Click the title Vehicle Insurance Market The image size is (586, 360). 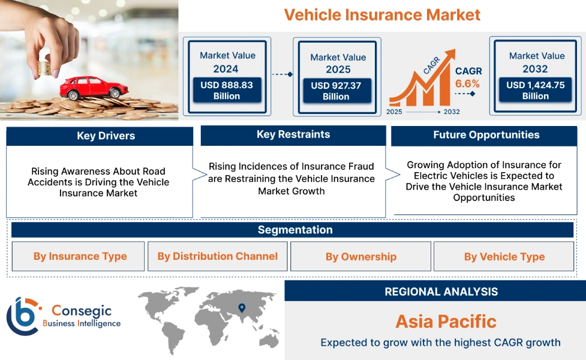[382, 15]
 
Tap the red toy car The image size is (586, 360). [94, 88]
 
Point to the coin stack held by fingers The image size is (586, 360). [44, 68]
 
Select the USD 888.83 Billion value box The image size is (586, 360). [227, 90]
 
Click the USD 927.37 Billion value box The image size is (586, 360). [336, 91]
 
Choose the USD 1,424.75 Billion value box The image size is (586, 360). [535, 90]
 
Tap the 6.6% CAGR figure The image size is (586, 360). [467, 83]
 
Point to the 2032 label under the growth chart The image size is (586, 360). [452, 112]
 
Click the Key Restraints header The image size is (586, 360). [293, 134]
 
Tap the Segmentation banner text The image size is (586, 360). [295, 230]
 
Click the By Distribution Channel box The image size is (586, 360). [218, 256]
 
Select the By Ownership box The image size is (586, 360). [360, 256]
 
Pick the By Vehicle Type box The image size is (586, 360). [504, 256]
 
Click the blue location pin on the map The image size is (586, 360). [242, 308]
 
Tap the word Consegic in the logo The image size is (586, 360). [82, 311]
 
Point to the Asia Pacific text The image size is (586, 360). [446, 321]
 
